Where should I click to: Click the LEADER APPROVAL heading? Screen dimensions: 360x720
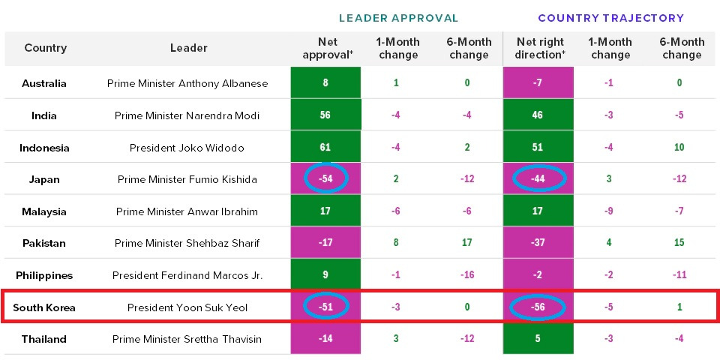[x=398, y=17]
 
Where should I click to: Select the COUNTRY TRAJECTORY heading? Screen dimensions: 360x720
[x=611, y=17]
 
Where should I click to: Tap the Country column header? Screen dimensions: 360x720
[x=46, y=48]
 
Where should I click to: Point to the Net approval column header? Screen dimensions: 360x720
[x=325, y=48]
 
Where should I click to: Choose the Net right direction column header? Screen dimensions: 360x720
[x=538, y=48]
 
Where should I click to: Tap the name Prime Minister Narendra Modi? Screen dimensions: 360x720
[x=187, y=115]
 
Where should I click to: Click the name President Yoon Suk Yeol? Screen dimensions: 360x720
[x=187, y=307]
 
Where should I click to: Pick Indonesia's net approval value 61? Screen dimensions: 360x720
[x=325, y=147]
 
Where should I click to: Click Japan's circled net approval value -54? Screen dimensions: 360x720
[x=325, y=179]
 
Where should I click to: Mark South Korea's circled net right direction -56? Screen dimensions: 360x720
[x=538, y=307]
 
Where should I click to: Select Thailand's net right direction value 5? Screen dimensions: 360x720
[x=538, y=339]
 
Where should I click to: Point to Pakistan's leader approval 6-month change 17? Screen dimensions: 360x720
[x=467, y=243]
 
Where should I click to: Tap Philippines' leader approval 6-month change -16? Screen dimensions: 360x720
[x=467, y=275]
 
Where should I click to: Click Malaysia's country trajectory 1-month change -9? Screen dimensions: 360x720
[x=608, y=211]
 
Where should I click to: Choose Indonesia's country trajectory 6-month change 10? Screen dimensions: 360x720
[x=679, y=147]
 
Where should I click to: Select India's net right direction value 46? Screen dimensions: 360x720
[x=538, y=115]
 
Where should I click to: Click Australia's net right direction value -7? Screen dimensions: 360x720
[x=538, y=83]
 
